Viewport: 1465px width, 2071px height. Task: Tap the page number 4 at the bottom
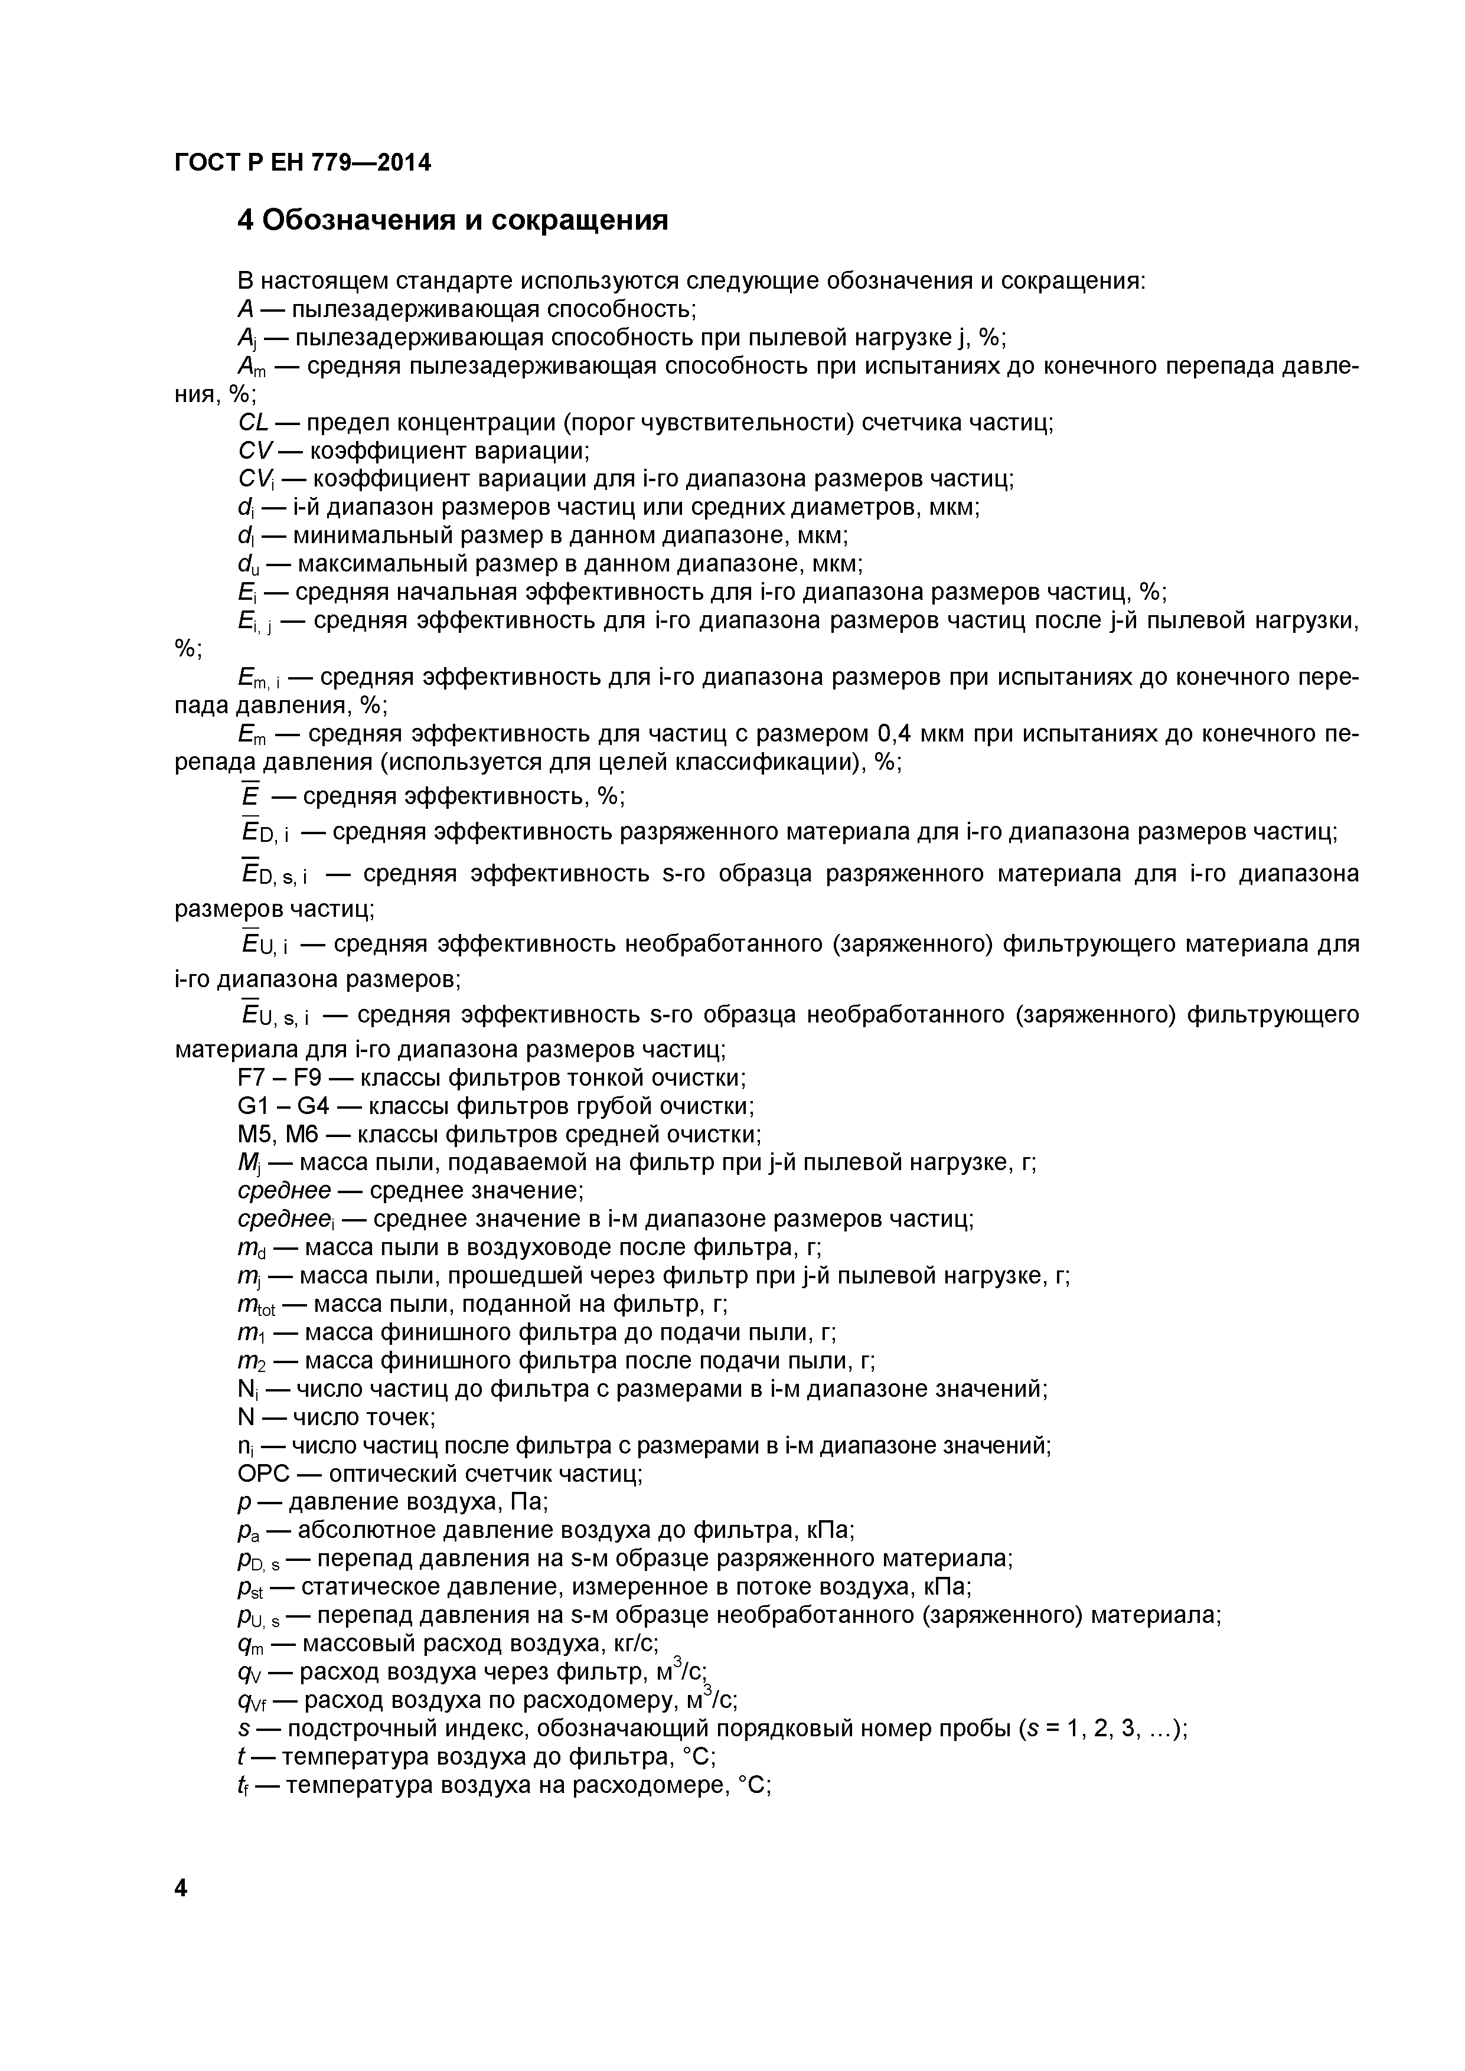181,1887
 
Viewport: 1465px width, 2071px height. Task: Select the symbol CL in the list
253,422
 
